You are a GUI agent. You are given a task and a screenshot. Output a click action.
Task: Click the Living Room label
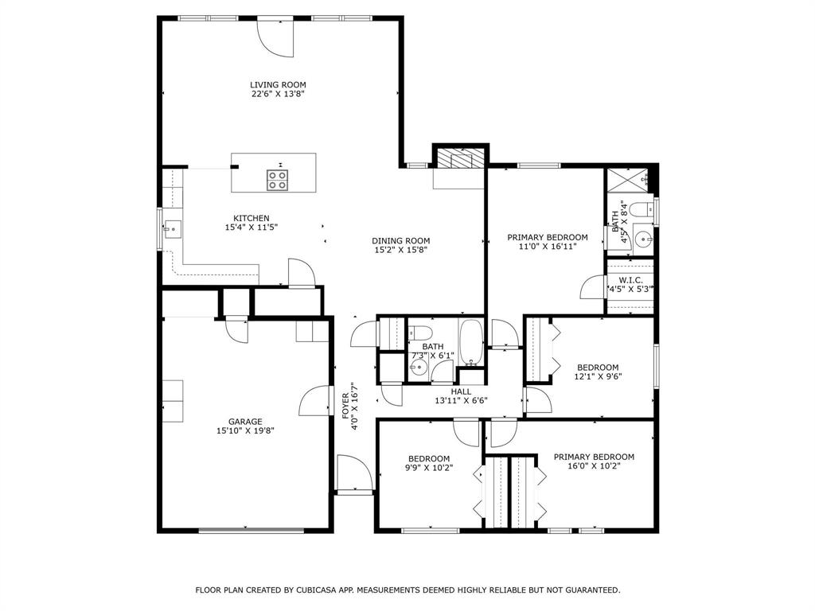coord(278,84)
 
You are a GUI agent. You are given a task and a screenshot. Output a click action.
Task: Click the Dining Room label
coord(401,241)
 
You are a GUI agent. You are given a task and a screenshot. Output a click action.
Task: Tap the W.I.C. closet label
coord(630,280)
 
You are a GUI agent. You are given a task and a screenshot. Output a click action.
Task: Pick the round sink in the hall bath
coord(419,368)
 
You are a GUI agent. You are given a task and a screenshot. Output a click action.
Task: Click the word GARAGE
coord(245,422)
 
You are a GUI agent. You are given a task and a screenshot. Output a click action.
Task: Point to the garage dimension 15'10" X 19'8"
coord(245,431)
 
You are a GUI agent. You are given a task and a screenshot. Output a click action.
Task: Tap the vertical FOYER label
coord(345,406)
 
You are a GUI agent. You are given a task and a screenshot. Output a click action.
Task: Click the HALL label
coord(461,391)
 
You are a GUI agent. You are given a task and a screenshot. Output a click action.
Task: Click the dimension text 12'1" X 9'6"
coord(598,376)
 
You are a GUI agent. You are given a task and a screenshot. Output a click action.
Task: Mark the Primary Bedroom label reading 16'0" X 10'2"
coord(594,457)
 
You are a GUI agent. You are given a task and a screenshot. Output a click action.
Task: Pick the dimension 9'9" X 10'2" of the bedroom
coord(429,468)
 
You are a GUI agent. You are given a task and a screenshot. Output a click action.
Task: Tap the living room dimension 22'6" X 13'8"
coord(278,94)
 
